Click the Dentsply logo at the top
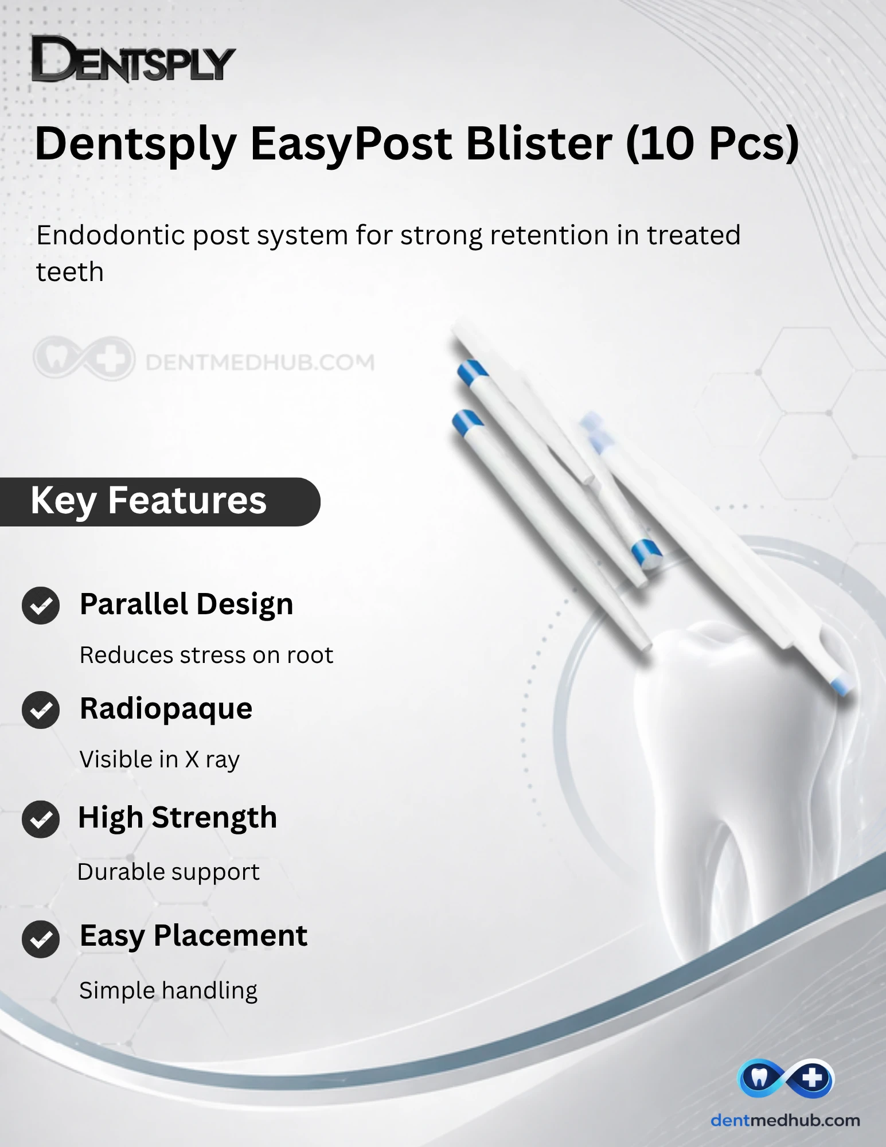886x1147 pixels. coord(133,59)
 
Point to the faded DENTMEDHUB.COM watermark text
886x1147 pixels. coord(260,362)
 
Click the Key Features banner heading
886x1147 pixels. coord(149,501)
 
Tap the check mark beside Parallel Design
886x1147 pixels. coord(41,606)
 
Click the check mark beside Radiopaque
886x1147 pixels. coord(41,710)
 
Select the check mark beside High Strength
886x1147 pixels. coord(41,819)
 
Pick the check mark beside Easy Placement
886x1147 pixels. coord(41,939)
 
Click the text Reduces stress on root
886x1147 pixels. coord(206,655)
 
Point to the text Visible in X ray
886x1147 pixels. coord(159,760)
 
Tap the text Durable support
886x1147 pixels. coord(169,872)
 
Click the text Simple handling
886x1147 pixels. coord(169,991)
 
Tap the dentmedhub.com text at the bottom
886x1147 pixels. coord(785,1120)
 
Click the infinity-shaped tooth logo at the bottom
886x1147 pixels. coord(785,1078)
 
